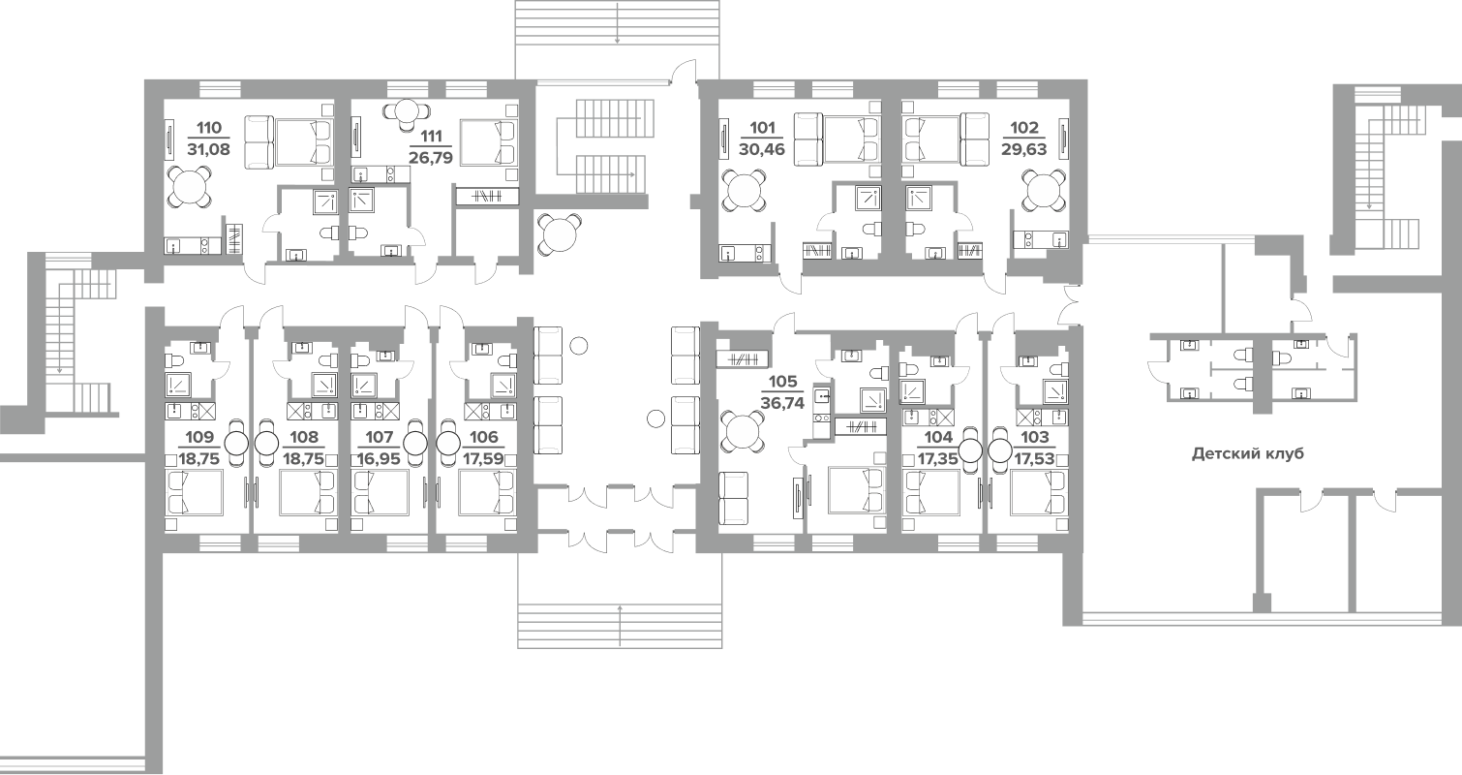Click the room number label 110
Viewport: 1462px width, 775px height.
209,127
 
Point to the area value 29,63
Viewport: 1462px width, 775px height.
1023,149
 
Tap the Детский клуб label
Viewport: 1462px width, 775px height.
1247,453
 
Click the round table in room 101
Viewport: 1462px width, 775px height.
744,191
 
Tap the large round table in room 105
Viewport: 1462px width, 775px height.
744,432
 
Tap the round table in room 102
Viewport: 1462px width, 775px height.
1043,191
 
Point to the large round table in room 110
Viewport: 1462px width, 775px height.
188,186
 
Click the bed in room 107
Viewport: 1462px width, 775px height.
386,492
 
